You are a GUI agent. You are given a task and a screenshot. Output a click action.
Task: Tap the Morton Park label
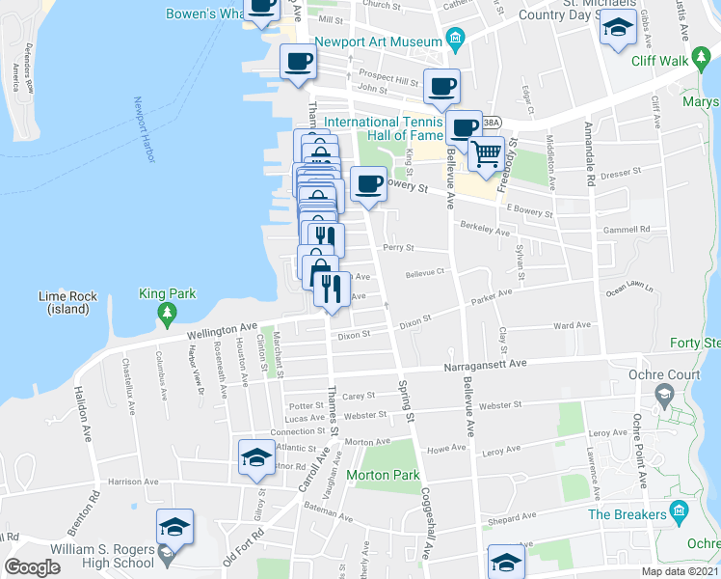383,475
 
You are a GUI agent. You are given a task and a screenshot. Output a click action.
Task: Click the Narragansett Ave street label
485,364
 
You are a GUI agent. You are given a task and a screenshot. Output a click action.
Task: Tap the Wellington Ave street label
223,332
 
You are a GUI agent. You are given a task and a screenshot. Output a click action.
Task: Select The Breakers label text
628,514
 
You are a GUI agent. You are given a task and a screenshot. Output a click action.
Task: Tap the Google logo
32,566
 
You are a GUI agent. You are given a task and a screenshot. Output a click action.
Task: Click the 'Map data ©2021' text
680,571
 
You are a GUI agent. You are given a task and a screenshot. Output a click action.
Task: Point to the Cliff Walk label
659,60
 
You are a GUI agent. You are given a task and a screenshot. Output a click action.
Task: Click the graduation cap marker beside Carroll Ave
257,457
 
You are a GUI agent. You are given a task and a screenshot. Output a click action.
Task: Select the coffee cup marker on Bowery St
368,184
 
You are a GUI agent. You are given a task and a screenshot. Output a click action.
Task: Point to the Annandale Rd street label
589,154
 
